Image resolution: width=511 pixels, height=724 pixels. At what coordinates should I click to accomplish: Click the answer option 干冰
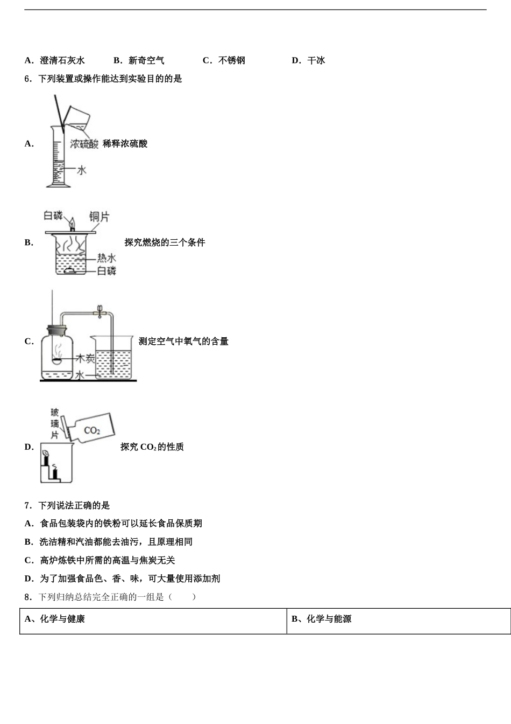(316, 60)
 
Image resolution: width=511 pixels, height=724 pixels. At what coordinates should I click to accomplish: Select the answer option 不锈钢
(231, 60)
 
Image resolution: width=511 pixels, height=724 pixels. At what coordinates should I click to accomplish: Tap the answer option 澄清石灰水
(62, 60)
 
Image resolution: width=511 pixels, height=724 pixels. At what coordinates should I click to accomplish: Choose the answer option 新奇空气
(146, 60)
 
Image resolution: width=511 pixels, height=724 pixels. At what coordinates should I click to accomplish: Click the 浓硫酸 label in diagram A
(84, 144)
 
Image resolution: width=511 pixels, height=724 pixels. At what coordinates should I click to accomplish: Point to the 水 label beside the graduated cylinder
(81, 170)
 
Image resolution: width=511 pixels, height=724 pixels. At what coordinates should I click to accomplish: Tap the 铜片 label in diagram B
(99, 217)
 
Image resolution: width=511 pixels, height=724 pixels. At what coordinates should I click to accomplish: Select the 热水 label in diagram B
(106, 258)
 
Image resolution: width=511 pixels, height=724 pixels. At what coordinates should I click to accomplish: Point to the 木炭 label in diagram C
(85, 358)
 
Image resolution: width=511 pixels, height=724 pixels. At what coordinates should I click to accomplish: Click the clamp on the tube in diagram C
(99, 311)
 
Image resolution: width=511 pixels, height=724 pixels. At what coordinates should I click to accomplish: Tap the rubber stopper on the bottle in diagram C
(56, 329)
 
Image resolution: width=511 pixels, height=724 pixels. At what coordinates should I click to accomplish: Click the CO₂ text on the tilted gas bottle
(92, 430)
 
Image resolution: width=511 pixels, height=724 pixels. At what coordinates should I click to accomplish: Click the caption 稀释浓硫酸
(125, 144)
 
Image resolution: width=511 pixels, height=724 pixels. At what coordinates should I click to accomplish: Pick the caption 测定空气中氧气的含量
(183, 341)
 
